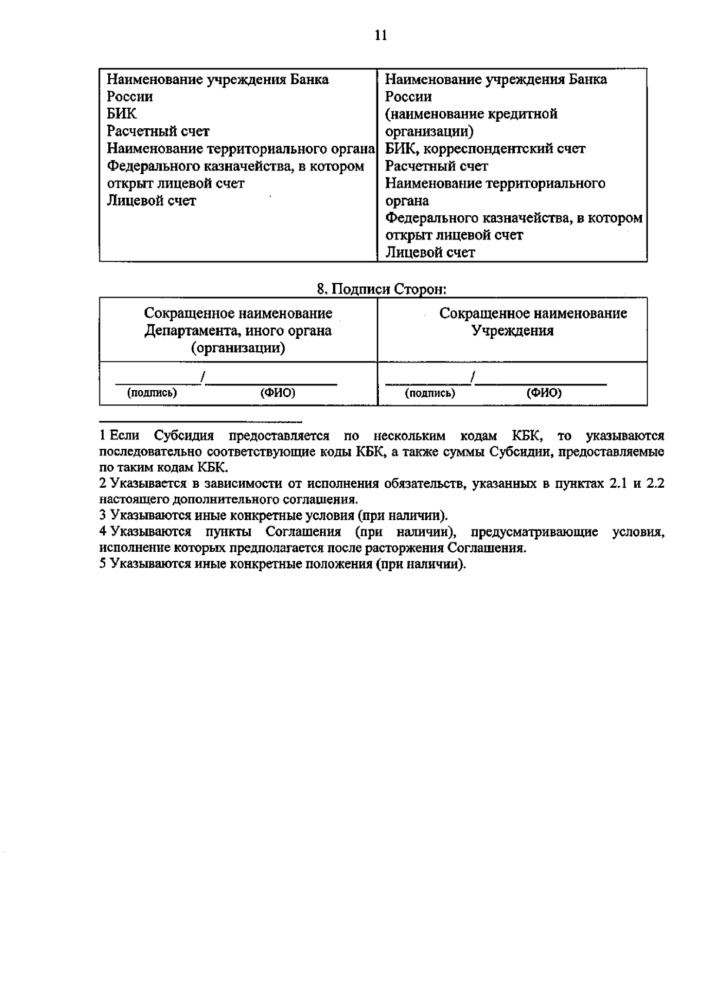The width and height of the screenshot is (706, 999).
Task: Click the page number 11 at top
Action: click(x=381, y=36)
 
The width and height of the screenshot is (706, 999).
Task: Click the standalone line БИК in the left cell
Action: click(x=122, y=114)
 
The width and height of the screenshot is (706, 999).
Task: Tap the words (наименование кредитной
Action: click(x=471, y=114)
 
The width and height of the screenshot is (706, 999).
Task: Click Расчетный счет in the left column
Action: click(x=158, y=131)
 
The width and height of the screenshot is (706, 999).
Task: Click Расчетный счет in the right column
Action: click(x=437, y=166)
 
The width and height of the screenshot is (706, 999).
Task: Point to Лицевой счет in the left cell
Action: click(x=151, y=201)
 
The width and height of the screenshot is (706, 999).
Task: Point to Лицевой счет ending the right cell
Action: click(x=430, y=252)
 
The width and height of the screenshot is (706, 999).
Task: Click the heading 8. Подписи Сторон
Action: click(x=381, y=289)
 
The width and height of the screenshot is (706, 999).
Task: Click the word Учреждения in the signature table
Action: click(x=513, y=331)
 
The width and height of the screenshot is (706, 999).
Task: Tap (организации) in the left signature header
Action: click(x=238, y=348)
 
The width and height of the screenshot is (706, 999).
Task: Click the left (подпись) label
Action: click(x=152, y=393)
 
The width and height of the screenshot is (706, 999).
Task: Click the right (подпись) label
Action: click(x=430, y=393)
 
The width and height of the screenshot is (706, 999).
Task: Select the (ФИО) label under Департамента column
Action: click(x=278, y=393)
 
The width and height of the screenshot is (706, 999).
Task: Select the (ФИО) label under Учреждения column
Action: click(x=544, y=393)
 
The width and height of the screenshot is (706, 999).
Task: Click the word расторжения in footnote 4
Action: click(x=411, y=548)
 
